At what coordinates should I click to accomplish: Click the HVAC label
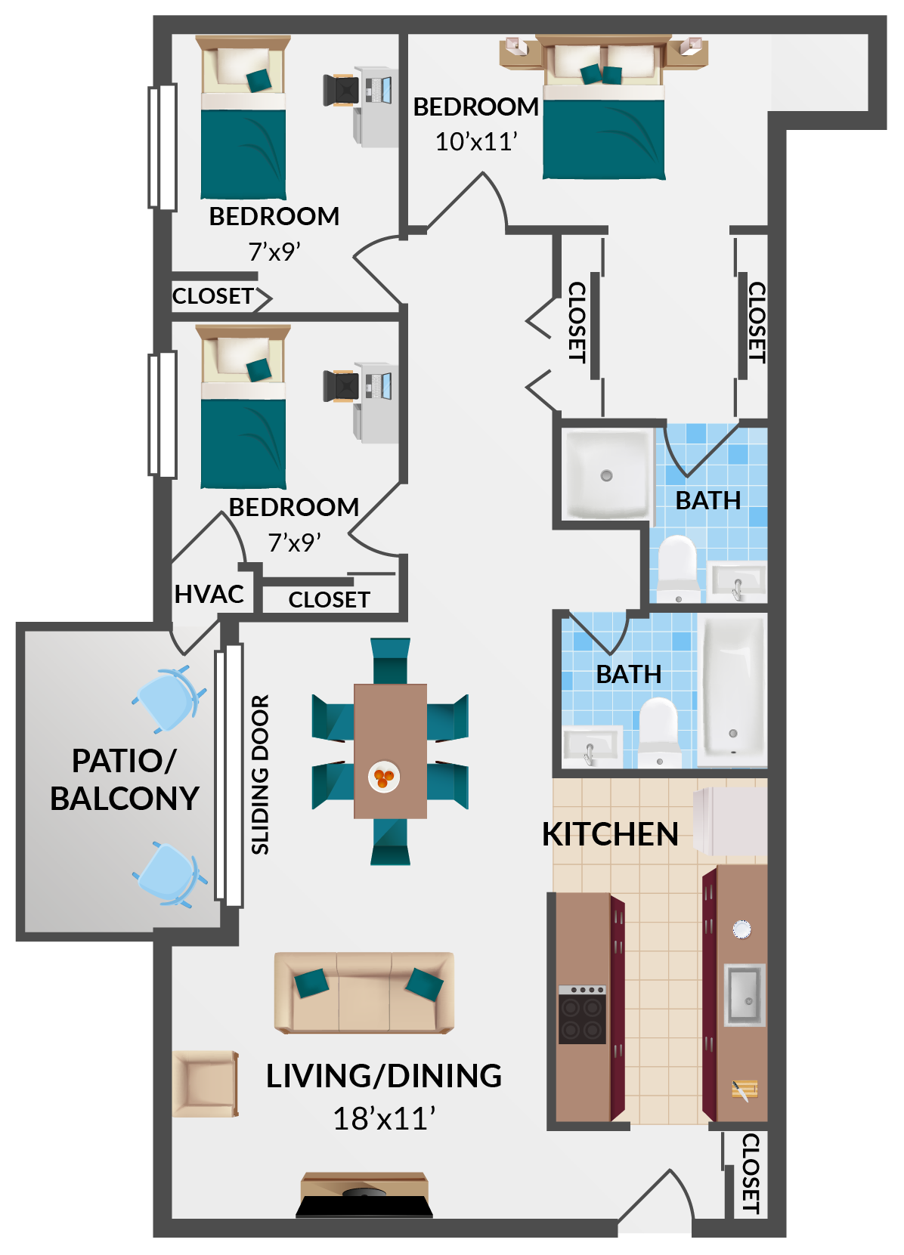point(209,595)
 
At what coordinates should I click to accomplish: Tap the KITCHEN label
point(610,835)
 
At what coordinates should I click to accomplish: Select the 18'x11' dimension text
point(385,1119)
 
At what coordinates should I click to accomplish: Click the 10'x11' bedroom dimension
point(476,141)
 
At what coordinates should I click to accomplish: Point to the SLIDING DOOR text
point(260,775)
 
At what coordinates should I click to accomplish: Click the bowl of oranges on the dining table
point(384,777)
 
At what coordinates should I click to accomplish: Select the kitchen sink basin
point(745,994)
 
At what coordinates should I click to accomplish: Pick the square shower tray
point(608,475)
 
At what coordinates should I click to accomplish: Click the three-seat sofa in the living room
point(364,992)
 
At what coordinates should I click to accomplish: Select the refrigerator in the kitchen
point(730,821)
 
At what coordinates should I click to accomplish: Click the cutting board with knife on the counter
point(745,1090)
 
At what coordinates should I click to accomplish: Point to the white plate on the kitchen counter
point(742,929)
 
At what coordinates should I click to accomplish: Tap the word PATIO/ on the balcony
point(124,761)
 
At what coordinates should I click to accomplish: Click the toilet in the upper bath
point(677,568)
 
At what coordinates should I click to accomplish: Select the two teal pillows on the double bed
point(601,74)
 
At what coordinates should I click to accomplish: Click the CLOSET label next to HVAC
point(329,600)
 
